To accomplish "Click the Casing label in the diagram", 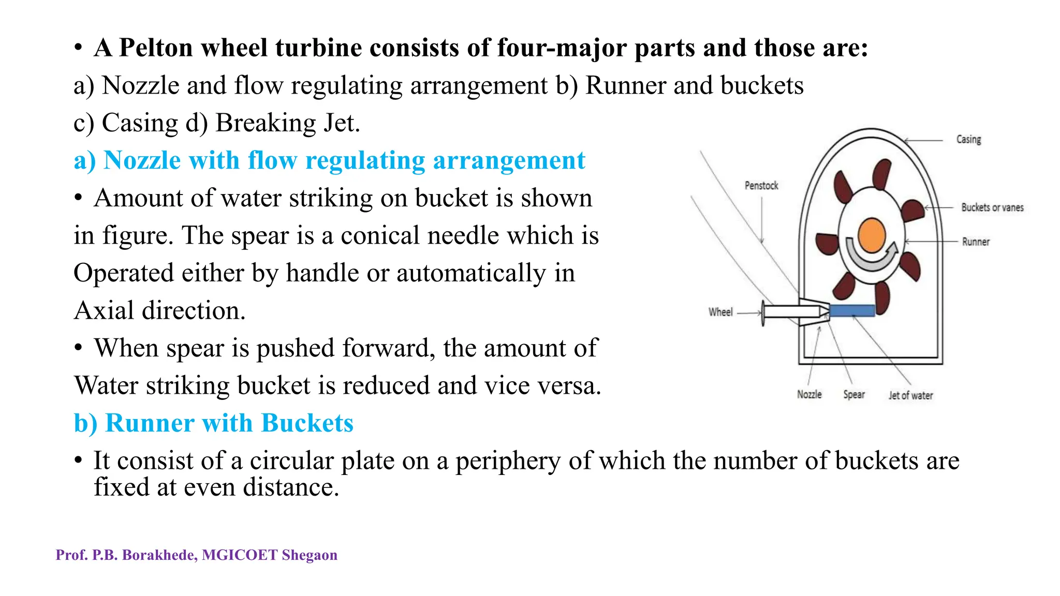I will pos(968,140).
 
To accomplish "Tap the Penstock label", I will pos(761,186).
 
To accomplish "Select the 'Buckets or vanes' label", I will pos(992,207).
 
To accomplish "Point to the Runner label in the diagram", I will pos(976,242).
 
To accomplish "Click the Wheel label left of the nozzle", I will pos(720,312).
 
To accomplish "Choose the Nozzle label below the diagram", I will pos(809,395).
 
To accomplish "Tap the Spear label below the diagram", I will pos(854,395).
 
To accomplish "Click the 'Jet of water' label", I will pos(911,396).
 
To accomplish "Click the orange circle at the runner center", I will pos(872,235).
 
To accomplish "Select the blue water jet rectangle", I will pos(852,310).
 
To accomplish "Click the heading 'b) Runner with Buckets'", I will pos(214,423).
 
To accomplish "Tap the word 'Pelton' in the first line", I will pos(155,48).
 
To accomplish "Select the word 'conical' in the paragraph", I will pos(379,236).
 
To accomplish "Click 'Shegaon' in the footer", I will pos(310,555).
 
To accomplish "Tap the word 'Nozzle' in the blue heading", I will pos(142,160).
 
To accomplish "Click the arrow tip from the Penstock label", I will pos(762,242).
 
